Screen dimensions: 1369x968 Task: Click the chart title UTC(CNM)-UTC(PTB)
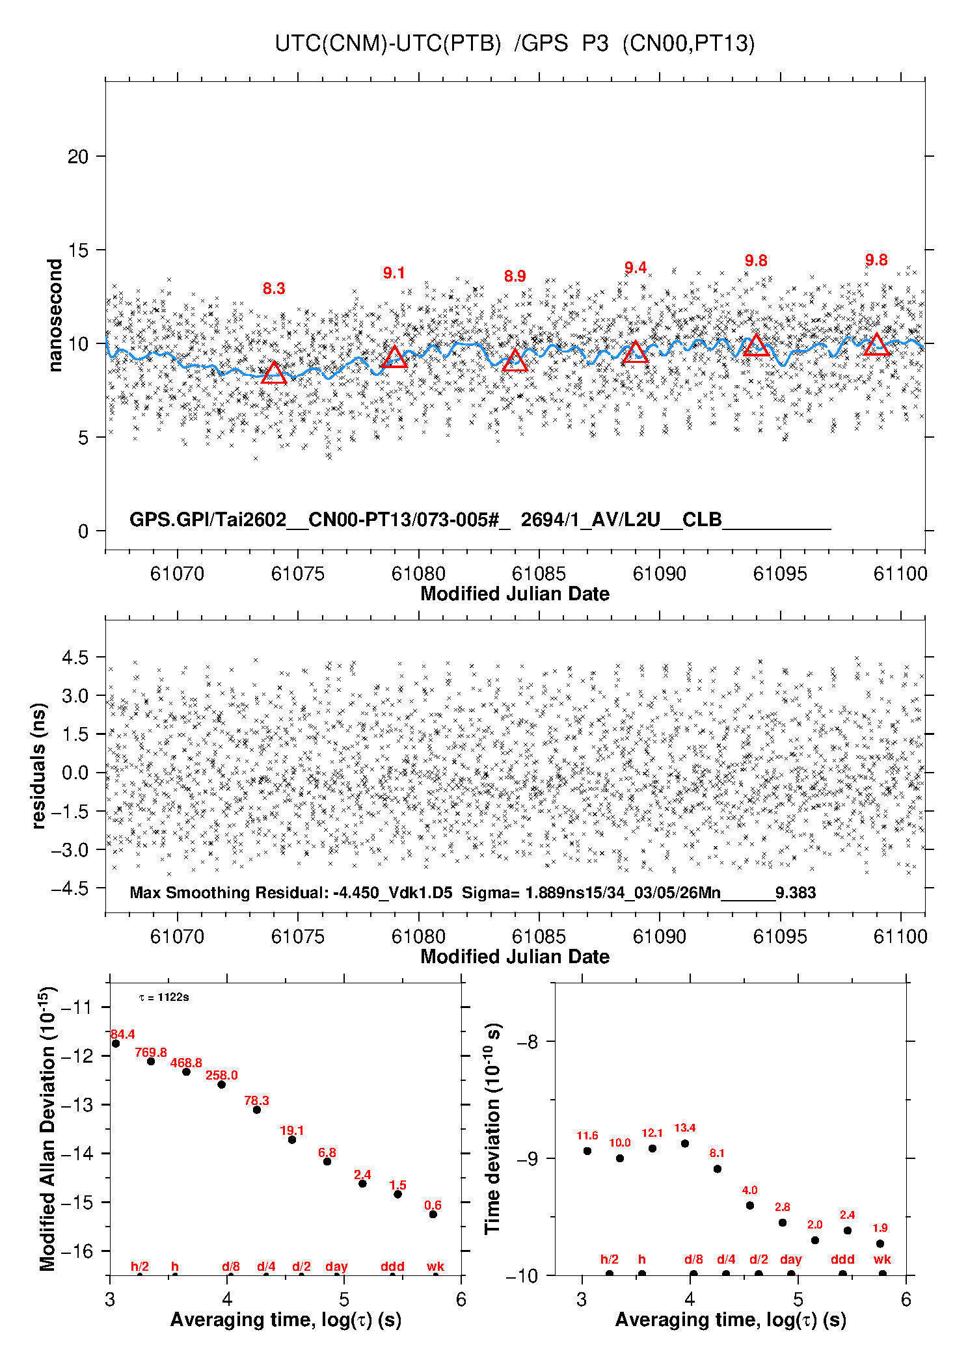[388, 44]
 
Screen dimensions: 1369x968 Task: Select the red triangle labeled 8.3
[274, 373]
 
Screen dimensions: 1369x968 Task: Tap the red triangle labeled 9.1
[394, 358]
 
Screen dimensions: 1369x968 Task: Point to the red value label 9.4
[636, 268]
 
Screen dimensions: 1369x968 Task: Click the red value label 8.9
[515, 276]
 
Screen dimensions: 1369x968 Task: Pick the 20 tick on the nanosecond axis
[78, 157]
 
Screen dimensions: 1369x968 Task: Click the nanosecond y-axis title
[55, 315]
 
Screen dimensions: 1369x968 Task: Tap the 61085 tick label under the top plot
[539, 574]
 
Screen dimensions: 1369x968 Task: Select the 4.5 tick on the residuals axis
[75, 658]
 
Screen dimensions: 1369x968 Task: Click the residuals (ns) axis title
[38, 766]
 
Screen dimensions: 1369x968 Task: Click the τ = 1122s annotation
[164, 998]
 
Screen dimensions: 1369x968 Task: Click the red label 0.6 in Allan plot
[433, 1206]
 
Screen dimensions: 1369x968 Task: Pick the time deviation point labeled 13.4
[685, 1143]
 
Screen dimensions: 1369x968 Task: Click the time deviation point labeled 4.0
[750, 1205]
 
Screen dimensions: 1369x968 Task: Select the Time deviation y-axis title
[493, 1129]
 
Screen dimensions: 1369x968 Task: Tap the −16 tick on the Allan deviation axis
[77, 1251]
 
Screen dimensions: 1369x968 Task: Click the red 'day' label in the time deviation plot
[790, 1260]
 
